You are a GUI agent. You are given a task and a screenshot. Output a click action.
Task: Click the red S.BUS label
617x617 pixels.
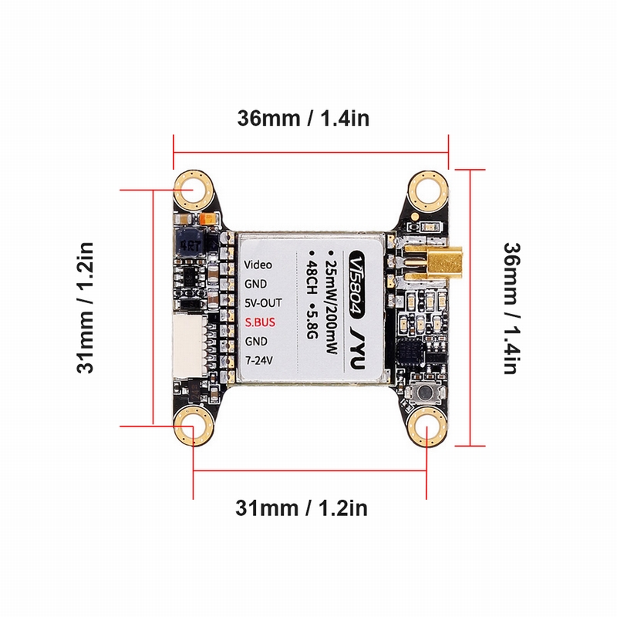point(260,321)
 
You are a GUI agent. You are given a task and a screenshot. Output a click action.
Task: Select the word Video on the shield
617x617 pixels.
point(258,265)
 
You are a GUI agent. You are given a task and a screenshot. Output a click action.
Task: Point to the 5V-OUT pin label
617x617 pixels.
point(263,302)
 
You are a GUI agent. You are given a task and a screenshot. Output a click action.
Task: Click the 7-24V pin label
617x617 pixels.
point(260,359)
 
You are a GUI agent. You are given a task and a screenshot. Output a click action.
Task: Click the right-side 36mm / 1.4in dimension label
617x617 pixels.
point(510,308)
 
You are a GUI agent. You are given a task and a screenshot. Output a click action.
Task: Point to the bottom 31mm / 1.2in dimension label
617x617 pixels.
point(302,508)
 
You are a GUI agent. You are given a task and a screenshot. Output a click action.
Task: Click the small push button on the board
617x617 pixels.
point(425,394)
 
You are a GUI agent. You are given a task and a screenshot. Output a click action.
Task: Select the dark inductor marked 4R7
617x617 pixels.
point(188,244)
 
